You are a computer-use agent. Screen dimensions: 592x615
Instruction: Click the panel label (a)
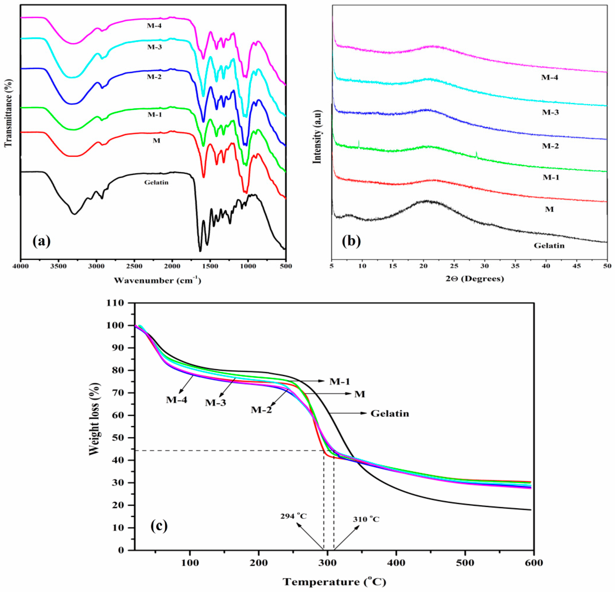pyautogui.click(x=41, y=241)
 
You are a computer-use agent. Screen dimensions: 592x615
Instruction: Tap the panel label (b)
pyautogui.click(x=351, y=241)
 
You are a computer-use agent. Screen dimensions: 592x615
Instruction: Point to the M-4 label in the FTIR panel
pyautogui.click(x=154, y=26)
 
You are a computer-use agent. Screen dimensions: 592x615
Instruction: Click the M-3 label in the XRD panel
pyautogui.click(x=551, y=112)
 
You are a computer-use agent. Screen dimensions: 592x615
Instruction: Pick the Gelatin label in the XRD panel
pyautogui.click(x=549, y=245)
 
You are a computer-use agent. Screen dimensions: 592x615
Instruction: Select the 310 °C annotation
pyautogui.click(x=366, y=519)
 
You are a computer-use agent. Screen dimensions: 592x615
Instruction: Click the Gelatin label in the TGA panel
pyautogui.click(x=390, y=414)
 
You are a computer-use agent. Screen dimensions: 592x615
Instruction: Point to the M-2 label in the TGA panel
pyautogui.click(x=261, y=410)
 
